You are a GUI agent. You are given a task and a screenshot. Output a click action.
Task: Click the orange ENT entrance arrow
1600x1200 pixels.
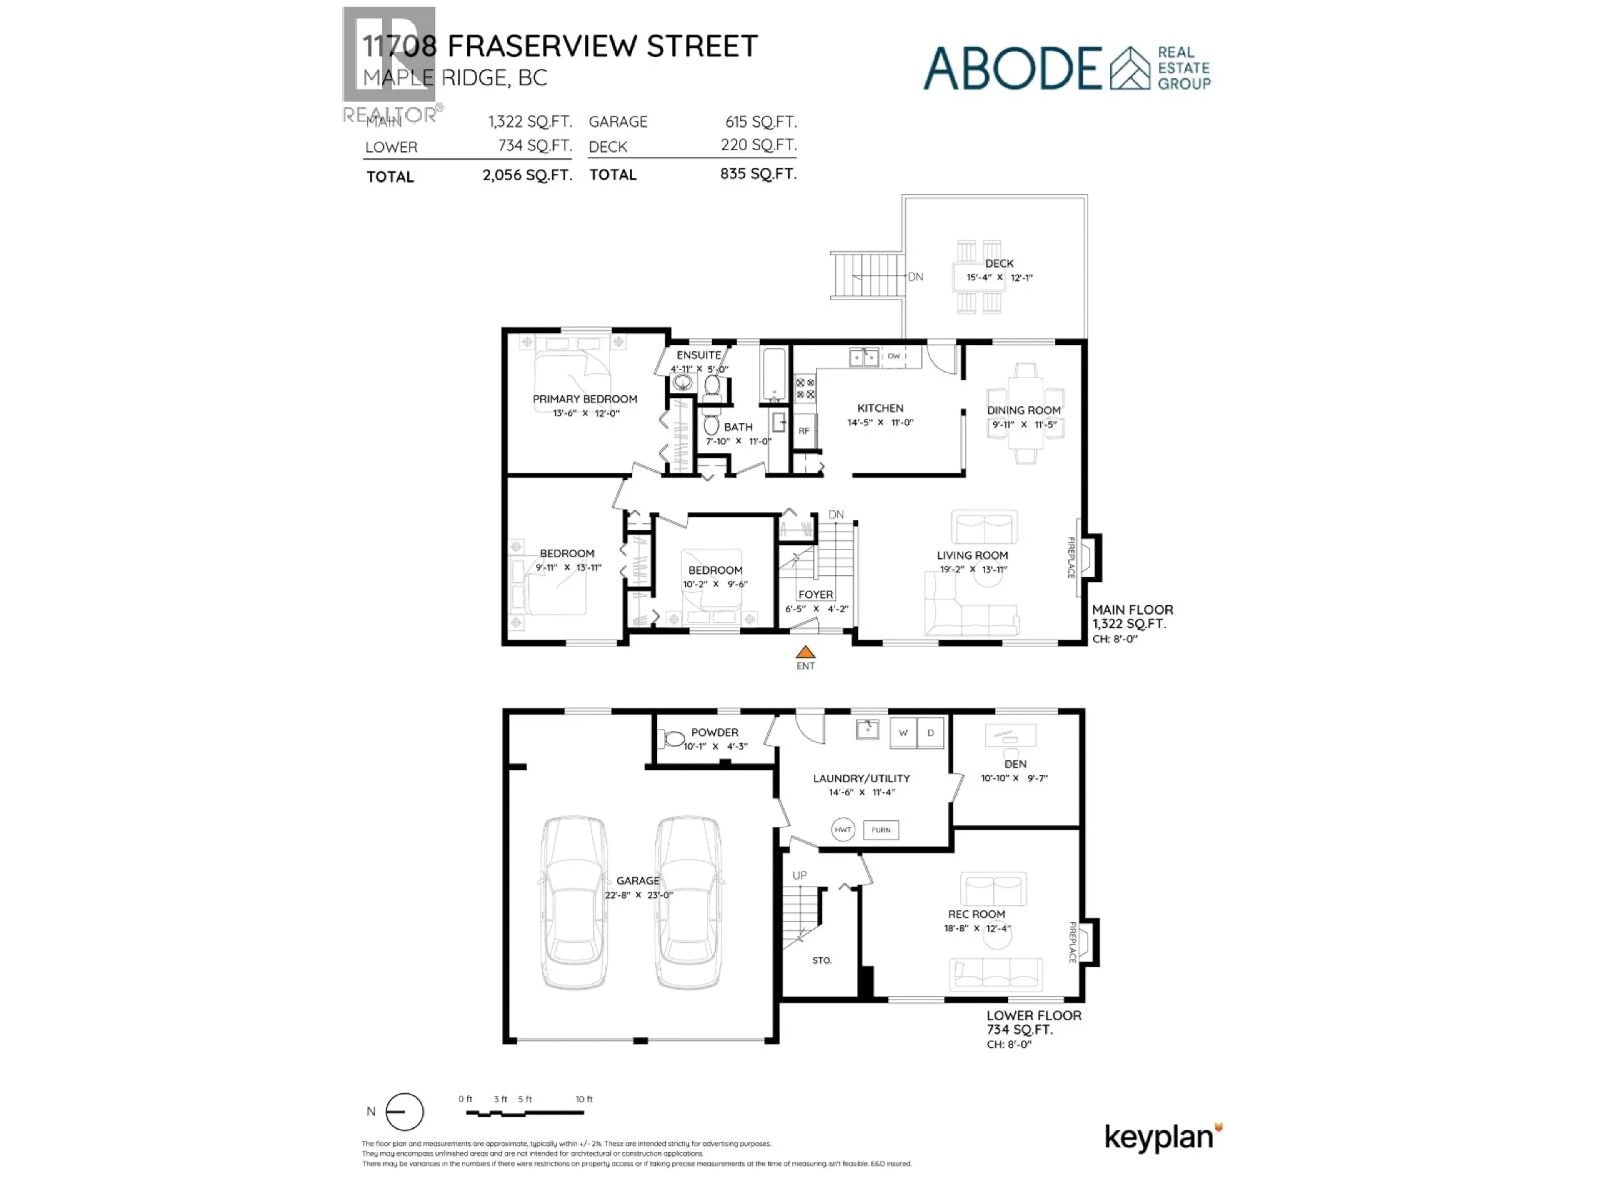pyautogui.click(x=805, y=652)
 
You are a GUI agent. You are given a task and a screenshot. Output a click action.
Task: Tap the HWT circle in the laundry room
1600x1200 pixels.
pyautogui.click(x=842, y=830)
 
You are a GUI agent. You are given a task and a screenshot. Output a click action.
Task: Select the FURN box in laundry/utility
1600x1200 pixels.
pyautogui.click(x=881, y=830)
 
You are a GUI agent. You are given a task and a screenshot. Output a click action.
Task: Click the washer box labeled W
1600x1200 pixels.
pyautogui.click(x=903, y=733)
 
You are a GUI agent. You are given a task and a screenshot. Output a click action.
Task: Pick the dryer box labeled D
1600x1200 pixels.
pyautogui.click(x=930, y=733)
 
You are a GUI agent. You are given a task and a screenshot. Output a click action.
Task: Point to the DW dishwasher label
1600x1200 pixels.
pyautogui.click(x=894, y=356)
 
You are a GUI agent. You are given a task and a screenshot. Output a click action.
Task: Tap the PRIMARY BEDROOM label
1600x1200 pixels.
pyautogui.click(x=585, y=399)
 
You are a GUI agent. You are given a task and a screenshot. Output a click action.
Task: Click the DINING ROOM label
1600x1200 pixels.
pyautogui.click(x=1023, y=410)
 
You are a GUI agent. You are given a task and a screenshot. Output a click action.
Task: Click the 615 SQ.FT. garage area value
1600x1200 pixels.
pyautogui.click(x=761, y=122)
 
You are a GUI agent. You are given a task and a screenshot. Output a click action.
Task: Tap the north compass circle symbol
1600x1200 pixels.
pyautogui.click(x=404, y=1112)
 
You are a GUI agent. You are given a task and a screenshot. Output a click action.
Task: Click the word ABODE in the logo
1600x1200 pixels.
pyautogui.click(x=1012, y=69)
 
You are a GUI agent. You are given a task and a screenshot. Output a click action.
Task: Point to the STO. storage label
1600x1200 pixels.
pyautogui.click(x=822, y=960)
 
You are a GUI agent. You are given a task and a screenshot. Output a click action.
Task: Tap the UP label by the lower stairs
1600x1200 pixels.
pyautogui.click(x=799, y=875)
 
